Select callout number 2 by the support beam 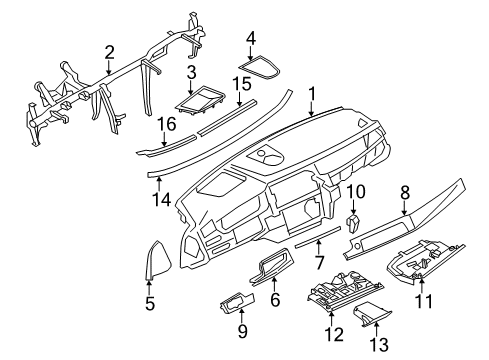(109, 52)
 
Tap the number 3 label (190, 72)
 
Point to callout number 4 (251, 38)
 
